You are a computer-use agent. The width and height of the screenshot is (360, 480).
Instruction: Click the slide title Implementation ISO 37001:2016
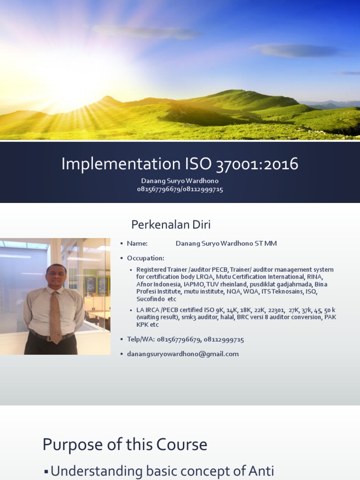click(180, 164)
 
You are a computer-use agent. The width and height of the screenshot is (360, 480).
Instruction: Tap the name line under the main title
click(180, 181)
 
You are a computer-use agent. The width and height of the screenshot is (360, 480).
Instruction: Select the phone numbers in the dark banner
click(180, 189)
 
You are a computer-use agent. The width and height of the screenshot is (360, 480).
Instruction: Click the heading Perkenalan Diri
click(171, 225)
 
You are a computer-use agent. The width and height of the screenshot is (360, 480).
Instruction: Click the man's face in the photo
click(56, 277)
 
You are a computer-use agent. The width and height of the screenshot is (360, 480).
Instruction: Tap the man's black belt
click(52, 337)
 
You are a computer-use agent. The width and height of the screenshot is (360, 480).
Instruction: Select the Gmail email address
click(183, 354)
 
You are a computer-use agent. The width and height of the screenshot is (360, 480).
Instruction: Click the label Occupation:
click(145, 258)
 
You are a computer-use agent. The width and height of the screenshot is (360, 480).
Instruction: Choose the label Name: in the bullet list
click(137, 243)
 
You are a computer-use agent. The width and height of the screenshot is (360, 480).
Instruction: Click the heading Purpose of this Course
click(125, 444)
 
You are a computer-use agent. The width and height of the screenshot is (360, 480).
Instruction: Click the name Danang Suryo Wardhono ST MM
click(226, 243)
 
